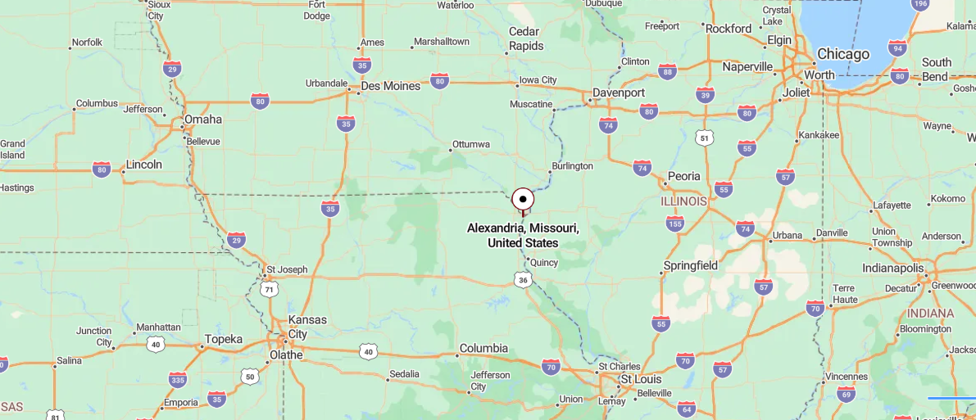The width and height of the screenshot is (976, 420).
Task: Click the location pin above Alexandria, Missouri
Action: (523, 200)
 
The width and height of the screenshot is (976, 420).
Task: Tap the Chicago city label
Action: (842, 54)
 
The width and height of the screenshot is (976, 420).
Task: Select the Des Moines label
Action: (391, 86)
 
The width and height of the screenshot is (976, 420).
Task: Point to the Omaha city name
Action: (202, 120)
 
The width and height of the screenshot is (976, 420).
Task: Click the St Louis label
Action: (640, 380)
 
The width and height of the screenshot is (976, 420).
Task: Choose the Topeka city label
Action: (224, 339)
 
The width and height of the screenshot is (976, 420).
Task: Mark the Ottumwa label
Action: (470, 145)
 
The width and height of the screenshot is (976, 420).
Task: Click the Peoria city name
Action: (684, 176)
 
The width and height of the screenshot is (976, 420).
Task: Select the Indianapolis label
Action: (892, 269)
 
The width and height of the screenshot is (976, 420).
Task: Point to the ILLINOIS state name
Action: (684, 201)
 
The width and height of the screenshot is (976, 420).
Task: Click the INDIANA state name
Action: (930, 314)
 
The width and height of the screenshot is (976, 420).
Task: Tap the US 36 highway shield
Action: (524, 280)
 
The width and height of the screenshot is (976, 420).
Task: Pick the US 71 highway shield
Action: (269, 290)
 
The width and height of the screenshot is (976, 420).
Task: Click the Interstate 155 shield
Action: (674, 224)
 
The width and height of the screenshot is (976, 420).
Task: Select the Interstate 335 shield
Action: (178, 379)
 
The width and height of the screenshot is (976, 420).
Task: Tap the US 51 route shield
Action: (705, 138)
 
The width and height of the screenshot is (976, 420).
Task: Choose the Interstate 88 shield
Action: (667, 72)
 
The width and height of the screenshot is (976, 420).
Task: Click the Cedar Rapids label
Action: (525, 38)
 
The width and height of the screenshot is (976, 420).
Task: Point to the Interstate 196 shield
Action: (920, 4)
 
